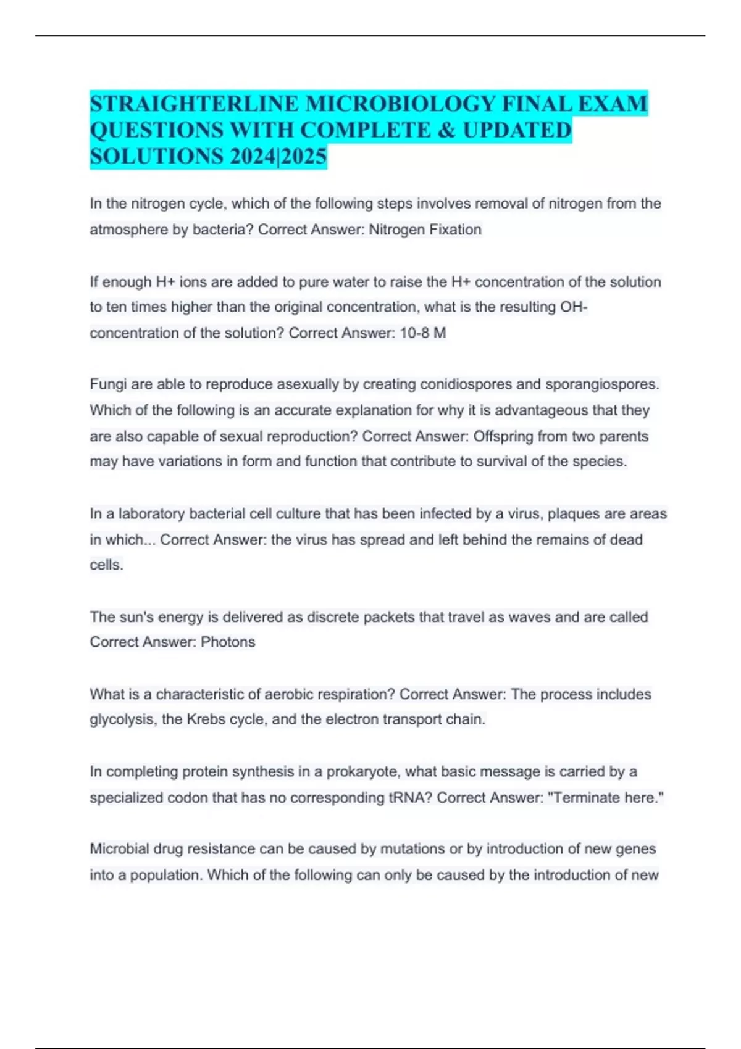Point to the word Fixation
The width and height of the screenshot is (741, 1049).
click(x=455, y=230)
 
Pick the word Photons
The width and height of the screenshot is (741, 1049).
click(x=228, y=642)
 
